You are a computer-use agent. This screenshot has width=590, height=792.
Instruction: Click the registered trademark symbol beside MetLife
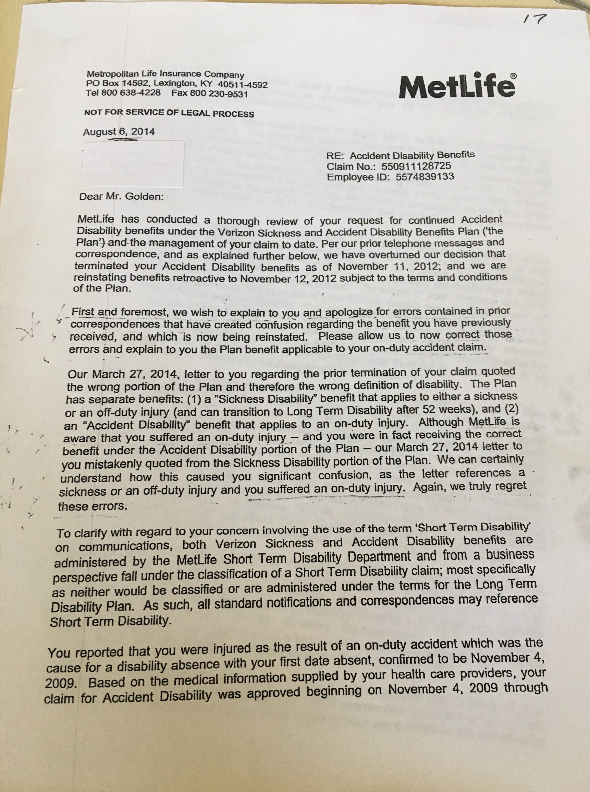tap(513, 76)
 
